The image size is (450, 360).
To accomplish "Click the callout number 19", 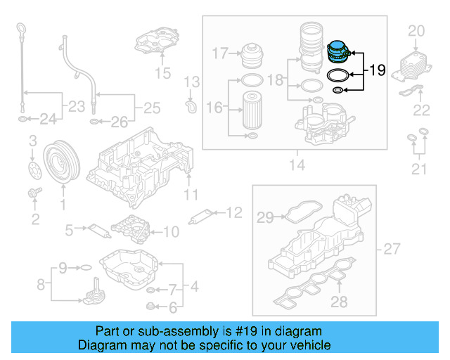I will [378, 70].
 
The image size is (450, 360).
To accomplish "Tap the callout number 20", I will [416, 30].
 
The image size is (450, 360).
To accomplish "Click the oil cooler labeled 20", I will [411, 64].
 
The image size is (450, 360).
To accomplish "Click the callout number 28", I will [340, 302].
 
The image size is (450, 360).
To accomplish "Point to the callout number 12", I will [234, 211].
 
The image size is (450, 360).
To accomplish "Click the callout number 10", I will [172, 231].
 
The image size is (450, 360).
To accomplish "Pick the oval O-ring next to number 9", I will [84, 268].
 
